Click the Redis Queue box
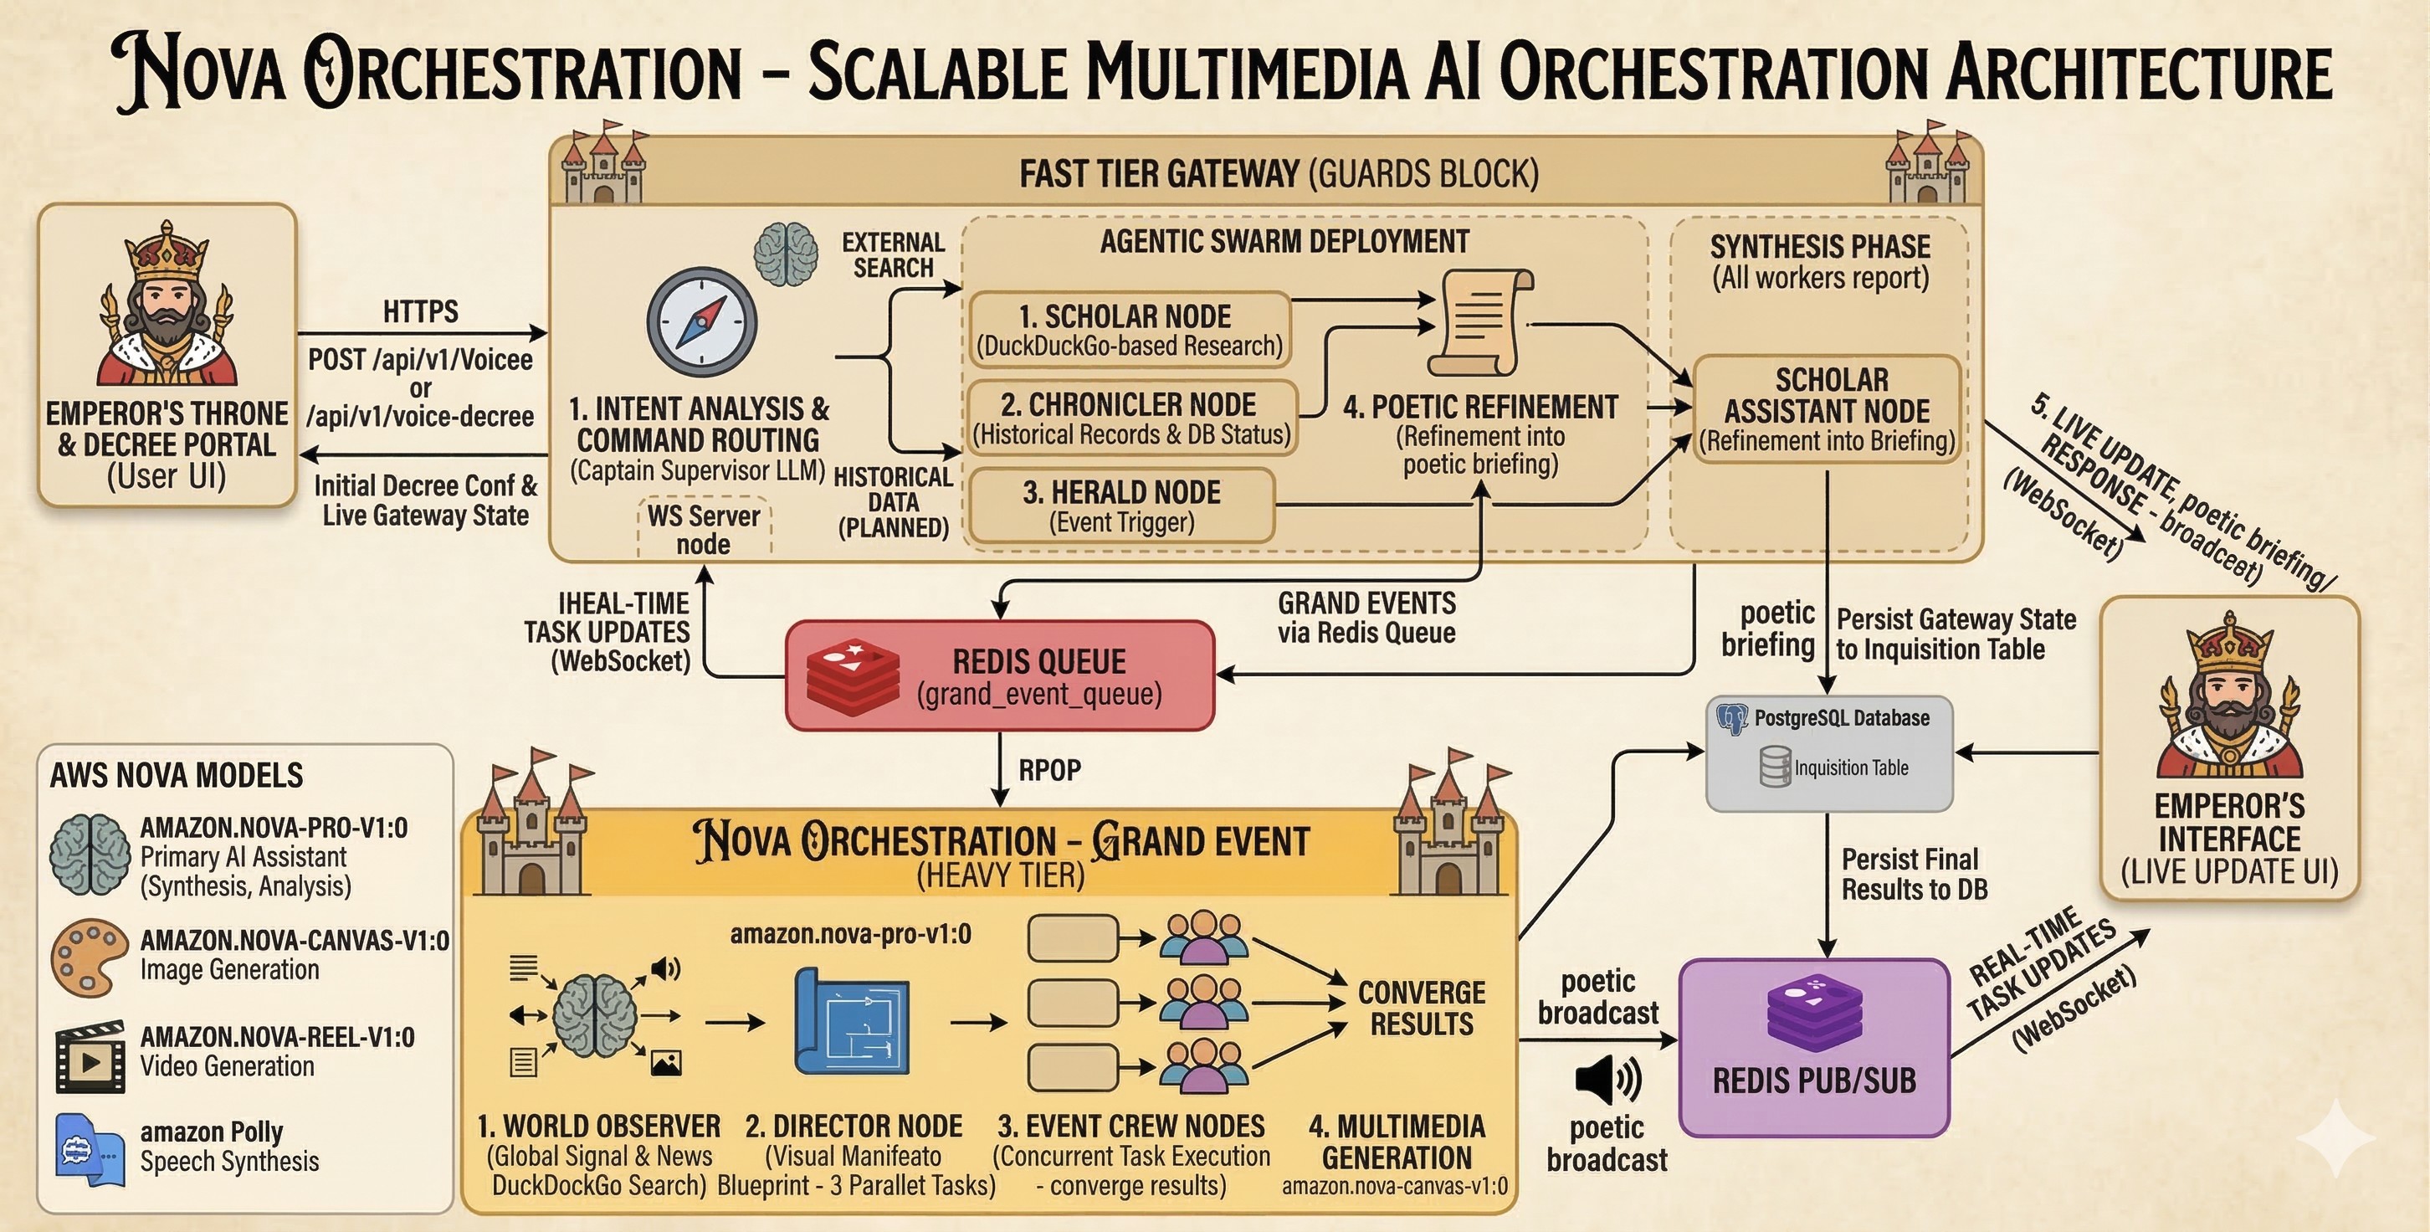(1000, 675)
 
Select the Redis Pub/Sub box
(1814, 1047)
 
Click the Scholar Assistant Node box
(1828, 409)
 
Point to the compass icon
(702, 322)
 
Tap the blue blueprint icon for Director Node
(853, 1021)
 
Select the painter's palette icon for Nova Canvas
(89, 957)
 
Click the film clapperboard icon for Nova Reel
(90, 1056)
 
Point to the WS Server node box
(704, 529)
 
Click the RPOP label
(1049, 770)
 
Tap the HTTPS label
(421, 311)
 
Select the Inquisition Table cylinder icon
(1775, 767)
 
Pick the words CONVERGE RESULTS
(1421, 1008)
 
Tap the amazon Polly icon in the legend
(89, 1149)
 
